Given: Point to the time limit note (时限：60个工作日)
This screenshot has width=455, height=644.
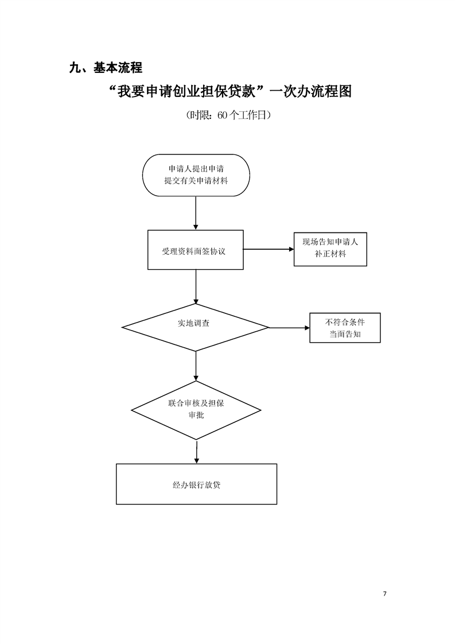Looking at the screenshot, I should click(228, 115).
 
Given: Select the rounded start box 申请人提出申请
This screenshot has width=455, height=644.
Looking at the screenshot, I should click(196, 175).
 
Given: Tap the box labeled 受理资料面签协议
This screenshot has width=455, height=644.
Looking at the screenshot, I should click(196, 250).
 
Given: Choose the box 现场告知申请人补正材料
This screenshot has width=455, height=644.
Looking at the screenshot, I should click(330, 249).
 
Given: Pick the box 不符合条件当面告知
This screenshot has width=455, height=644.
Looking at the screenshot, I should click(345, 328).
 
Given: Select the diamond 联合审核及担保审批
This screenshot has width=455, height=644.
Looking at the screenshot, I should click(196, 409).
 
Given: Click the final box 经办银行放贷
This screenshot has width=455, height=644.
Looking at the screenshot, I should click(196, 484).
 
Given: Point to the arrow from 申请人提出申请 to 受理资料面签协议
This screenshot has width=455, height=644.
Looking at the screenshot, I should click(196, 213).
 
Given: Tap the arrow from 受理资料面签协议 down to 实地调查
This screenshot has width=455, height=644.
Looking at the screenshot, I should click(196, 286).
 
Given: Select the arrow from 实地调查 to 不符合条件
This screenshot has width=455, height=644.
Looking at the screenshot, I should click(289, 328).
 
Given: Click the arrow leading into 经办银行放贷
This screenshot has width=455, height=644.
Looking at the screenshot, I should click(196, 452).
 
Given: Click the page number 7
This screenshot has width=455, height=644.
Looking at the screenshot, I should click(384, 593).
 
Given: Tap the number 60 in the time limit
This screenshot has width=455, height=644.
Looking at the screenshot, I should click(223, 115).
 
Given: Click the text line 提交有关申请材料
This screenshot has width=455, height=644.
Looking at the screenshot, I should click(196, 181).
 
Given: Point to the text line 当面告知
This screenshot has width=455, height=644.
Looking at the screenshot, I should click(345, 334).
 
